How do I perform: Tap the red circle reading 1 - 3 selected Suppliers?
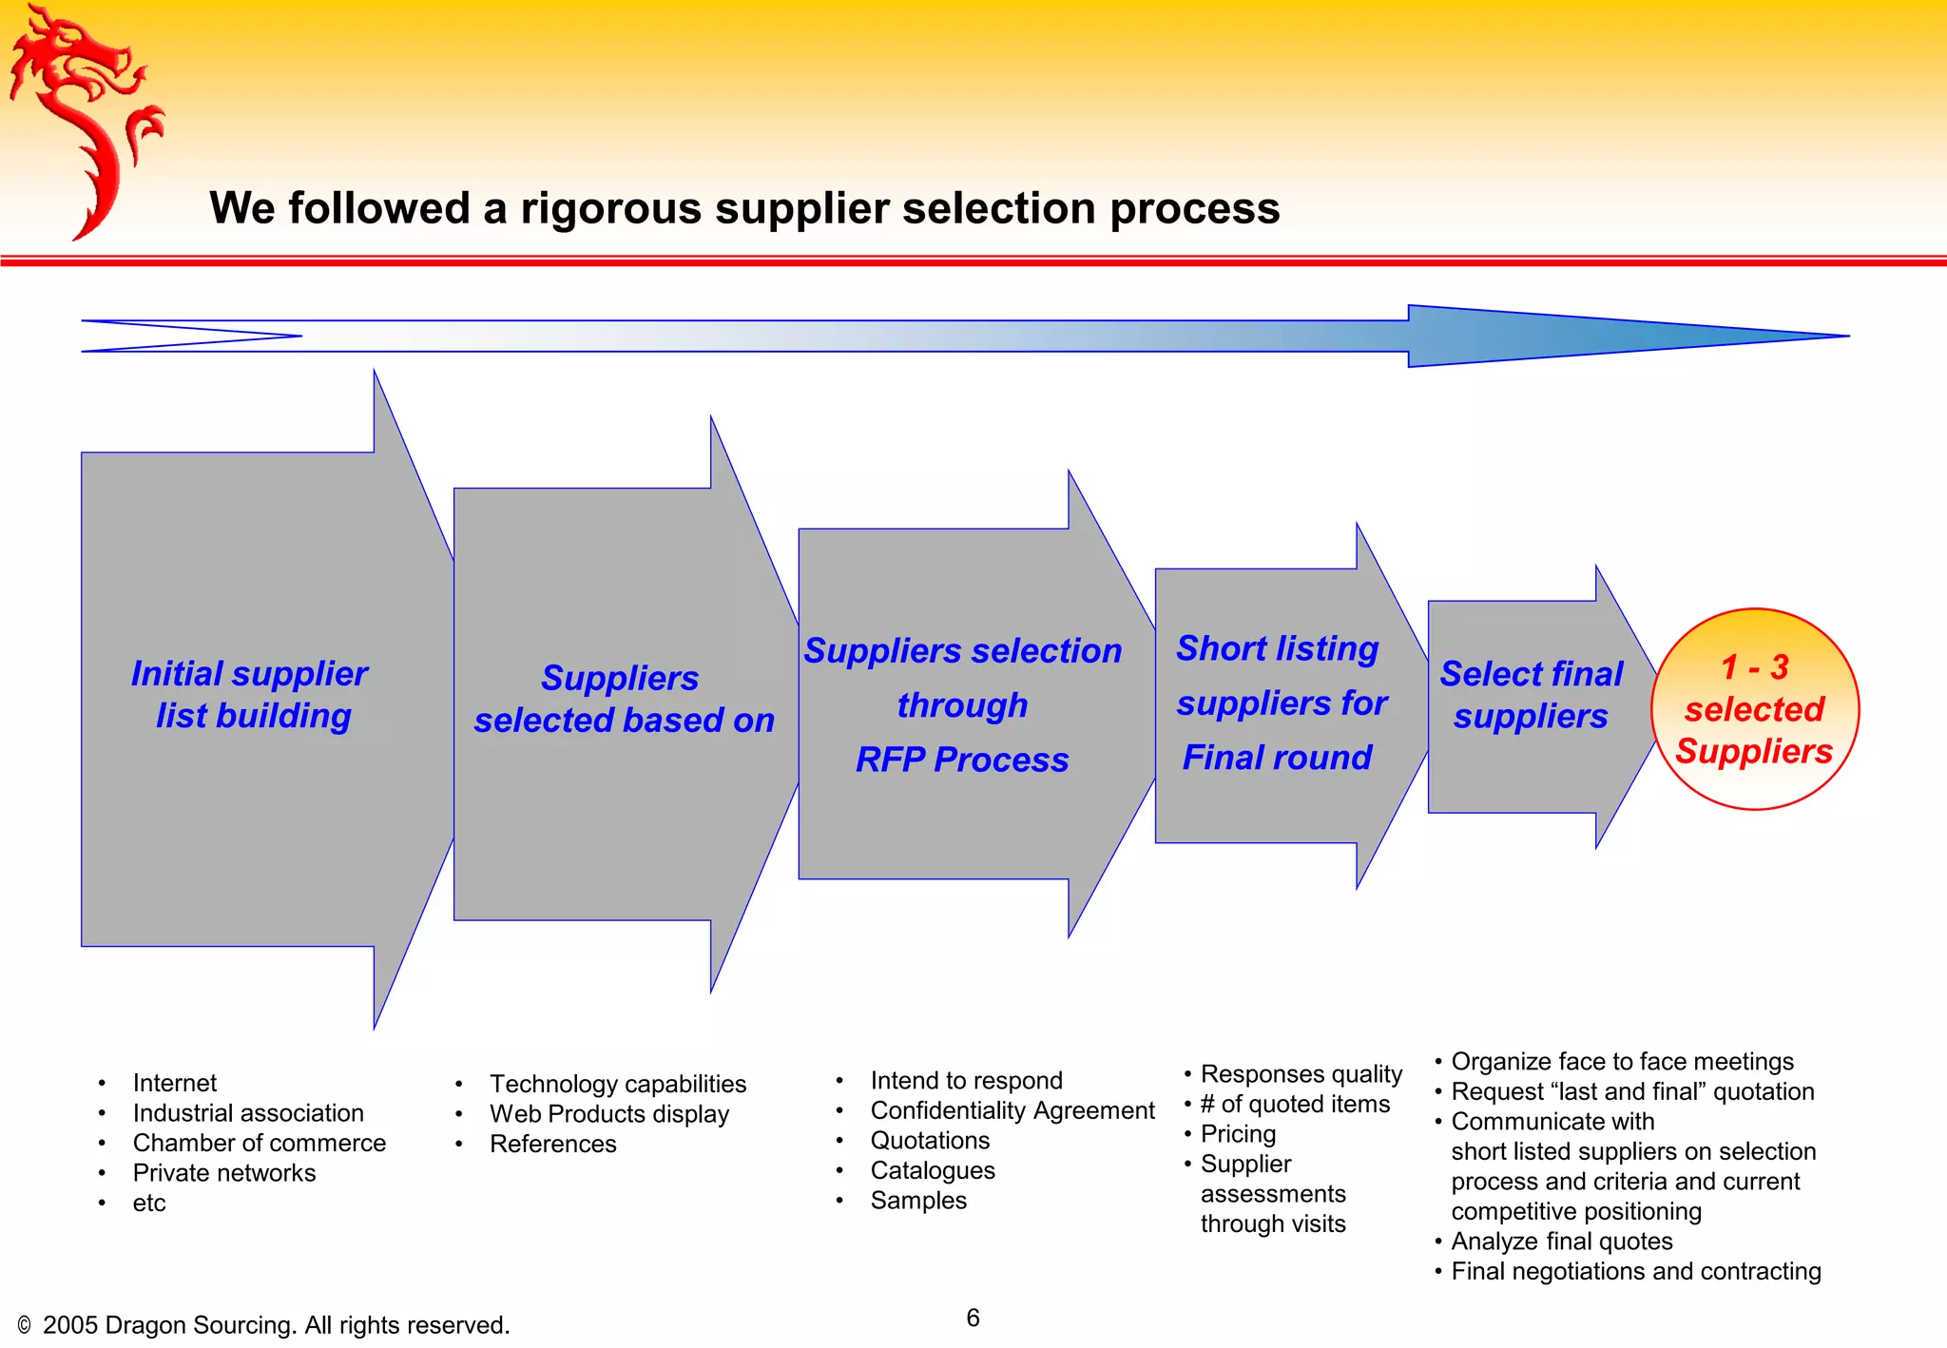click(1754, 709)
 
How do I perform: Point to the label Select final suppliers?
click(1531, 695)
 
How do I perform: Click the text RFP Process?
click(961, 760)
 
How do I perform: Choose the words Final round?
click(1277, 758)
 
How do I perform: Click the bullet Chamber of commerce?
click(259, 1143)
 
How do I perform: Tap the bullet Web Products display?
click(608, 1114)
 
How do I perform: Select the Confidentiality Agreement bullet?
click(1012, 1110)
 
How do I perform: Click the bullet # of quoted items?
click(1294, 1104)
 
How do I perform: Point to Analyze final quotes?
click(1561, 1242)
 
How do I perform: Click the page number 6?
click(973, 1318)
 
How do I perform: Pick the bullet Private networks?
click(223, 1173)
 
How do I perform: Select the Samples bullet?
click(917, 1201)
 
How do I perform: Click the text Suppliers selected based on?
click(624, 700)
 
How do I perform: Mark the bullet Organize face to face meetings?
click(1621, 1062)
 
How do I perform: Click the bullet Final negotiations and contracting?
click(1635, 1272)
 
